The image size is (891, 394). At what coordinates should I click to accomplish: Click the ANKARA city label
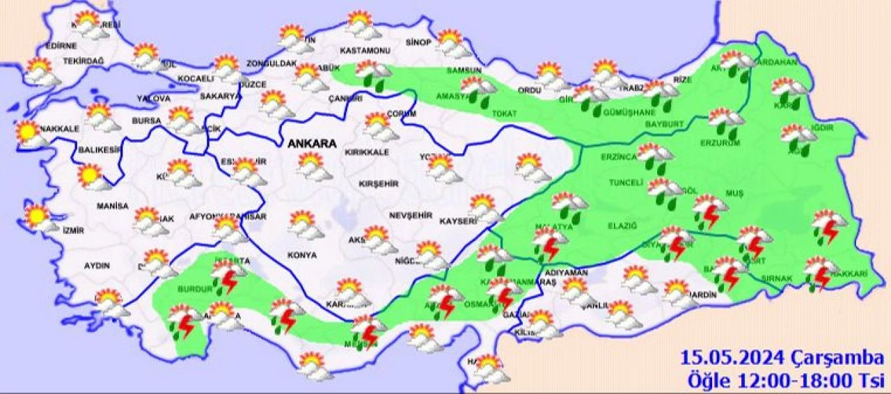[312, 144]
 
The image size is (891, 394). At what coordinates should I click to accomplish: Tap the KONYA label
[301, 255]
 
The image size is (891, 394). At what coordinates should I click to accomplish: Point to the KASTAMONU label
[364, 51]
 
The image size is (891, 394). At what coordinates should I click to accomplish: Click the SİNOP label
[418, 42]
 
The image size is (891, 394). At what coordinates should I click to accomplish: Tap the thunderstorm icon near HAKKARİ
[821, 273]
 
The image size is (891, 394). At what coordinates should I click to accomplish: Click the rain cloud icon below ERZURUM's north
[727, 123]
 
